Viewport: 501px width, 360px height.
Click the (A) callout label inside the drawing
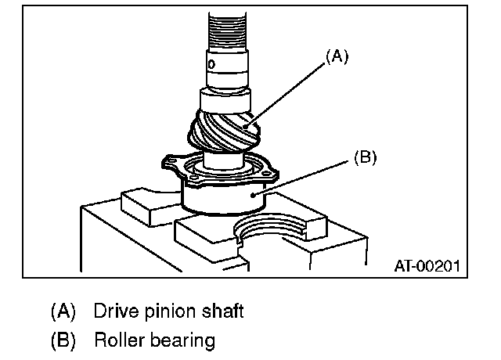[x=334, y=57]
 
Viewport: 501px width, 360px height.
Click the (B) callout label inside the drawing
[x=366, y=157]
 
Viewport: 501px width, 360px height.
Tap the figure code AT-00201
[x=426, y=267]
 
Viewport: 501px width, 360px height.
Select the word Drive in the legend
[x=115, y=311]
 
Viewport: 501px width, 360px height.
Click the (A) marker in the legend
[x=63, y=311]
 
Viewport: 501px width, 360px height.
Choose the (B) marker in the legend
[x=63, y=341]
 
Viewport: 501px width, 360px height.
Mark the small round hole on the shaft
[x=211, y=61]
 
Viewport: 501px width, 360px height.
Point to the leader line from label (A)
[x=285, y=91]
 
